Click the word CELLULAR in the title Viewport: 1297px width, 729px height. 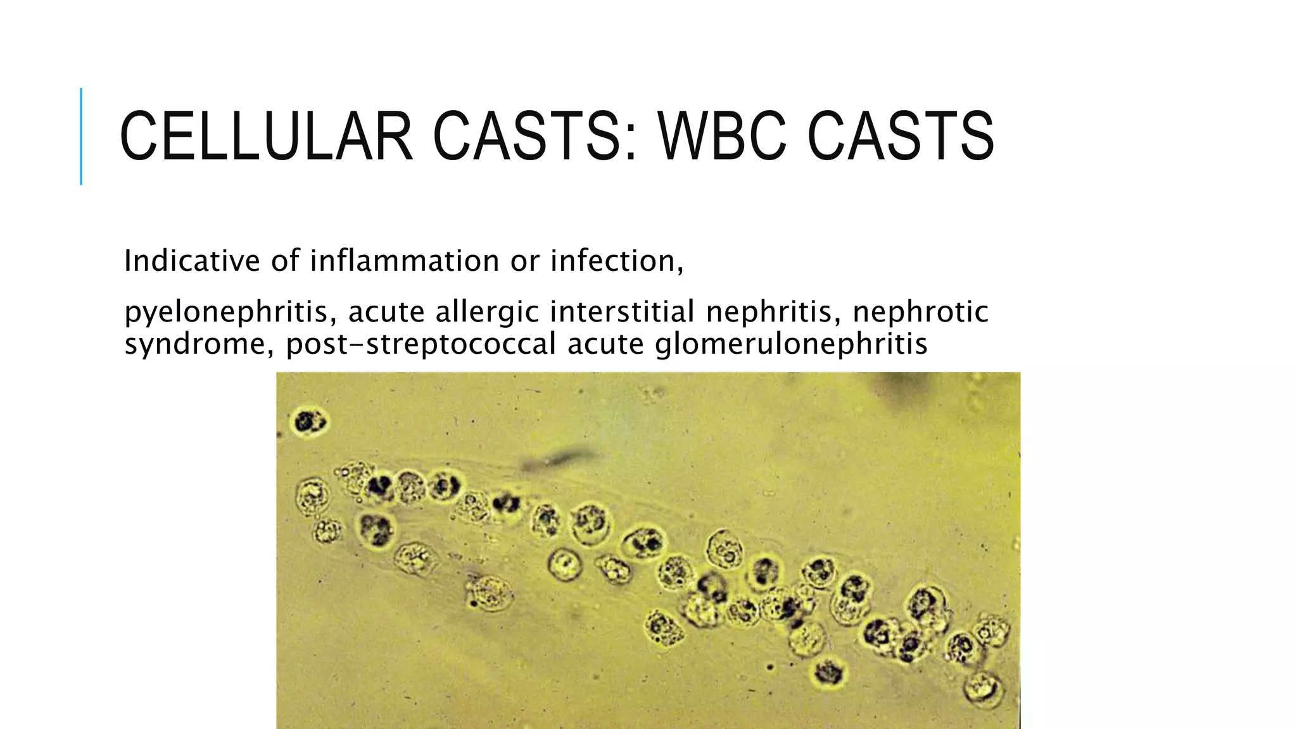[266, 136]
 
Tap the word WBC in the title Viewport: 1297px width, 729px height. [723, 136]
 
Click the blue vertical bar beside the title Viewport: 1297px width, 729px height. [81, 136]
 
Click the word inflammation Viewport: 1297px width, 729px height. [405, 261]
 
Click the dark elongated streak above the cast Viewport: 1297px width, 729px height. [557, 459]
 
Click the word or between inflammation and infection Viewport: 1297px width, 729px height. [524, 261]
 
